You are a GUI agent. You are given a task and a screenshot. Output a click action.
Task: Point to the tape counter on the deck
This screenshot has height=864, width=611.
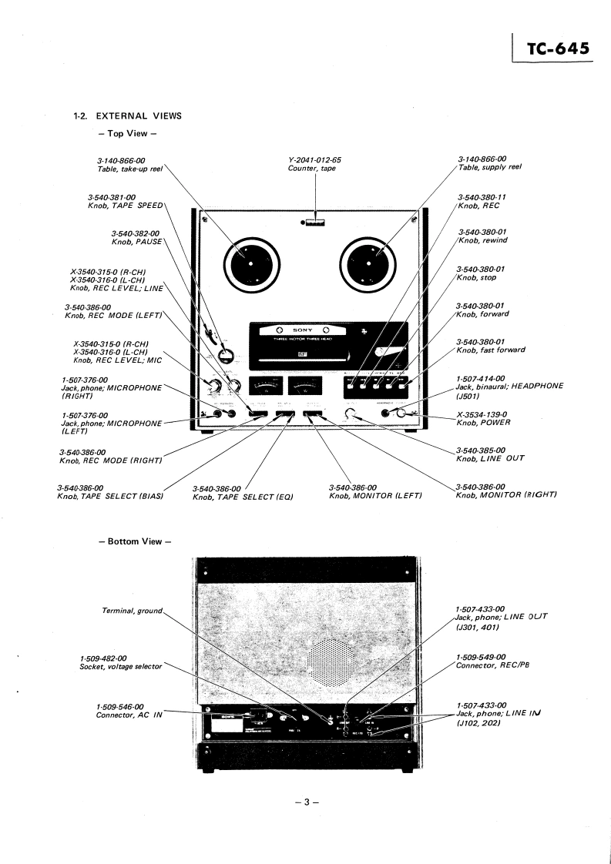coord(314,224)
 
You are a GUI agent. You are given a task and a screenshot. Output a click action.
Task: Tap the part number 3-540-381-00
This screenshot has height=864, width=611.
coord(112,197)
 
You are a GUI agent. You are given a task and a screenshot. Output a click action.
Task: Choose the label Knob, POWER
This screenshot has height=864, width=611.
coord(483,423)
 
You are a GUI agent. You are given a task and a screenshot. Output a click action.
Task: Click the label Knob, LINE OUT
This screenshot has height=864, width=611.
coord(490,458)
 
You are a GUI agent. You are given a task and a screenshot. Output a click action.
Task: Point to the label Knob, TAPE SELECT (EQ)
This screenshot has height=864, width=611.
coord(243,496)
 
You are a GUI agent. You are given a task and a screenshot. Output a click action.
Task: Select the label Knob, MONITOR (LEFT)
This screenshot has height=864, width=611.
coord(375,495)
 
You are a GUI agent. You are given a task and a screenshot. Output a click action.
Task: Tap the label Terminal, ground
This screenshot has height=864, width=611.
coord(133,611)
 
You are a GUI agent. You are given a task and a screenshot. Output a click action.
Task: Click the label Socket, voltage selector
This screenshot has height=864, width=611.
coord(121,666)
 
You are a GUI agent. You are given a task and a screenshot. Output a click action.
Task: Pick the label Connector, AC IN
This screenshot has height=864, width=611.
coord(129,715)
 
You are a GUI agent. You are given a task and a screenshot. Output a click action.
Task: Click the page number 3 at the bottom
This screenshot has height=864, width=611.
coord(306,802)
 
